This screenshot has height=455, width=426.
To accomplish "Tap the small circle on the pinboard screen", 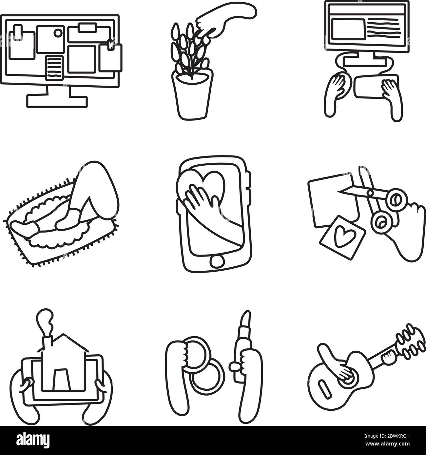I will (58, 33).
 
